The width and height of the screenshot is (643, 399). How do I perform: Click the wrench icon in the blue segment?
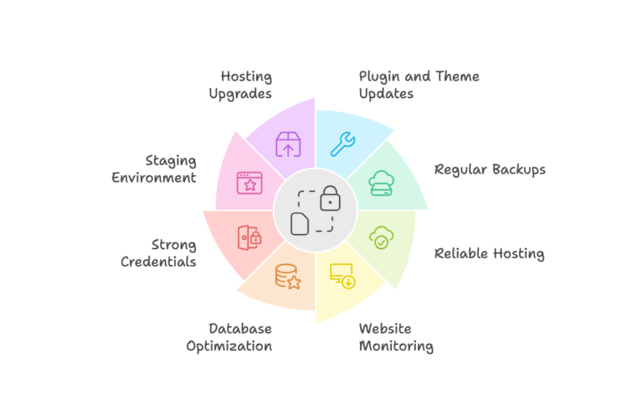point(342,144)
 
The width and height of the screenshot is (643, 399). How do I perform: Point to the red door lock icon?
point(249,237)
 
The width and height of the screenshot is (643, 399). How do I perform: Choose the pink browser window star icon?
point(249,183)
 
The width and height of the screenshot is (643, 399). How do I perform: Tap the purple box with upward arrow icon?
point(288,144)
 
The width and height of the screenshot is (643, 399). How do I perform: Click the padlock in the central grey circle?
point(331,198)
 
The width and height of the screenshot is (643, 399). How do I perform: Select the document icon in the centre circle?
point(301,223)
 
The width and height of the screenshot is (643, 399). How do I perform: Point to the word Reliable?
point(464,253)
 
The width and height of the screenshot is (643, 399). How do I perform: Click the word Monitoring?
point(396,345)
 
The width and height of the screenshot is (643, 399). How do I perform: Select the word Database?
point(240,329)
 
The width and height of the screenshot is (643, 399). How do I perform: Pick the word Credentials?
point(158,262)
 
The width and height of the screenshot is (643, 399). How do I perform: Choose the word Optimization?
point(229,345)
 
